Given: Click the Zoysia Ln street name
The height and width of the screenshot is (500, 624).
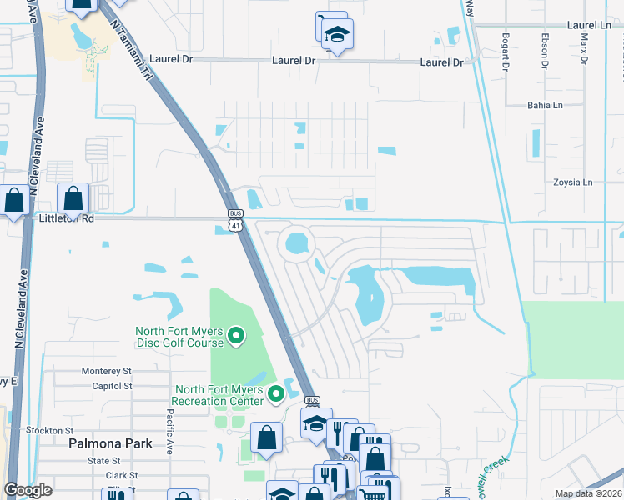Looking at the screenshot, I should (x=571, y=182).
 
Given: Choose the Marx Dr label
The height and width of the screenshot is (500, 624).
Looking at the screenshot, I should (x=584, y=50).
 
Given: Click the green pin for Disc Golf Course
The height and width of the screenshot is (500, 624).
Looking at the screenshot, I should (x=236, y=336).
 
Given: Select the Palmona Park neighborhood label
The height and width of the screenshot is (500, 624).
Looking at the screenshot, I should (x=110, y=443).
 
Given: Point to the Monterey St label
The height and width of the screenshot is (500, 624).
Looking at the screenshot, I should (x=107, y=370).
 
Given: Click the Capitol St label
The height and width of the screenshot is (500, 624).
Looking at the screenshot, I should (x=108, y=386).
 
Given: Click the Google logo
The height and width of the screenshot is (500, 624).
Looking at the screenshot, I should (x=28, y=490).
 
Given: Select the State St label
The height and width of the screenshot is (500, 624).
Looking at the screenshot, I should (x=104, y=460).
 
